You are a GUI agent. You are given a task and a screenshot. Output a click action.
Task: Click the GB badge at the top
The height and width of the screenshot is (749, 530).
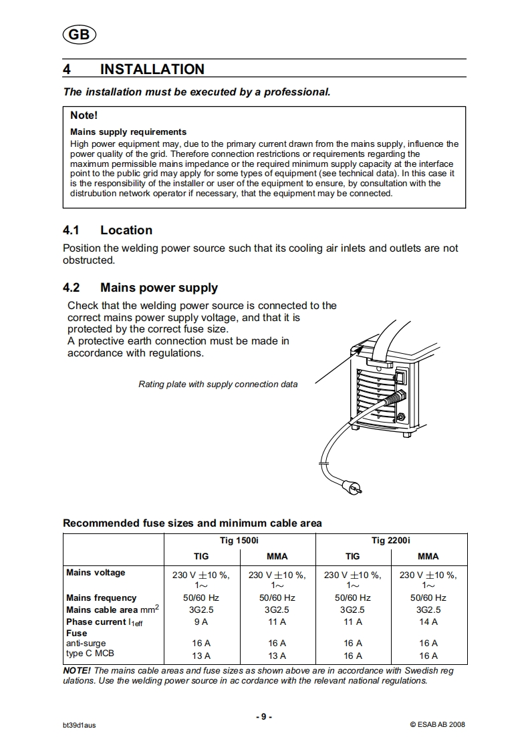coord(79,35)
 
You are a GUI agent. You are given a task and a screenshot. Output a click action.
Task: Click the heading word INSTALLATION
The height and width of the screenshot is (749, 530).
coord(152,69)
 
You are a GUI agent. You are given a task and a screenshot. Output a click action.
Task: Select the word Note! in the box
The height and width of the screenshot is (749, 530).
coord(84,115)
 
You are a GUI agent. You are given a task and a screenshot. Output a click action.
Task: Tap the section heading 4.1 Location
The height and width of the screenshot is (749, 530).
coord(108,230)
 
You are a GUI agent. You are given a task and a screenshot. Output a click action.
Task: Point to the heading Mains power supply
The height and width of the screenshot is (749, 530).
coord(158,288)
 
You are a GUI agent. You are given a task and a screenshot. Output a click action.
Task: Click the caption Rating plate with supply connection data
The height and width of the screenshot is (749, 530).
coord(218,384)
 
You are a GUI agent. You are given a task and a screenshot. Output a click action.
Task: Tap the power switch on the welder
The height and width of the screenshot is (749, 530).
coord(401,379)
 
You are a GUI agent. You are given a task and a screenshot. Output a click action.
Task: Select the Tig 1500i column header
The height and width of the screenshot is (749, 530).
coord(239,540)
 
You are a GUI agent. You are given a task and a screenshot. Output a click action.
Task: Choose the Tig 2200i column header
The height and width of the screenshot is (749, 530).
coord(391,540)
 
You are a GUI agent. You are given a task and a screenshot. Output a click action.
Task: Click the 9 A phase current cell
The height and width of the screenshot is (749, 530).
coord(201,621)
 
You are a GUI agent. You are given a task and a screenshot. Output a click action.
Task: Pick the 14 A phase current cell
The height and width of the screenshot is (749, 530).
coord(428,621)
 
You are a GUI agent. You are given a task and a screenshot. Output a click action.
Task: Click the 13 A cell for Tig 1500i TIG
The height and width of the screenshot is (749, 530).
coord(201,656)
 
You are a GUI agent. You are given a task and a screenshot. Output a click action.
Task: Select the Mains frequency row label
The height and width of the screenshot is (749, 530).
coord(101,597)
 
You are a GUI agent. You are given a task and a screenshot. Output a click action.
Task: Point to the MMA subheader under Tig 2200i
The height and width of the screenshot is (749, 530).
coord(428,556)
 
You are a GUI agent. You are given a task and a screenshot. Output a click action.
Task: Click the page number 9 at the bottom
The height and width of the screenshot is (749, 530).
coord(264,716)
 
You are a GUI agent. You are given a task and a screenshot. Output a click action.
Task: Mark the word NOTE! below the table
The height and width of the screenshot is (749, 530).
coord(77,670)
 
